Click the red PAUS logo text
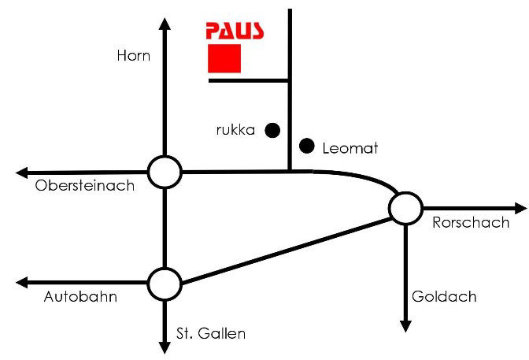235,31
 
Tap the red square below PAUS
224,58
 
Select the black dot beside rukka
272,129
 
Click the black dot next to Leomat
308,146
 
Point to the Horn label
133,56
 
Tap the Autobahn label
81,297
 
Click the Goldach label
444,297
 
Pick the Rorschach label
471,223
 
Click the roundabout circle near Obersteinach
165,171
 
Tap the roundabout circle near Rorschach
405,208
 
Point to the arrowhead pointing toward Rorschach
520,208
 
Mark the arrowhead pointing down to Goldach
405,325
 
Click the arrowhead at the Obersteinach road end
21,171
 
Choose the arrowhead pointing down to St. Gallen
165,347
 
